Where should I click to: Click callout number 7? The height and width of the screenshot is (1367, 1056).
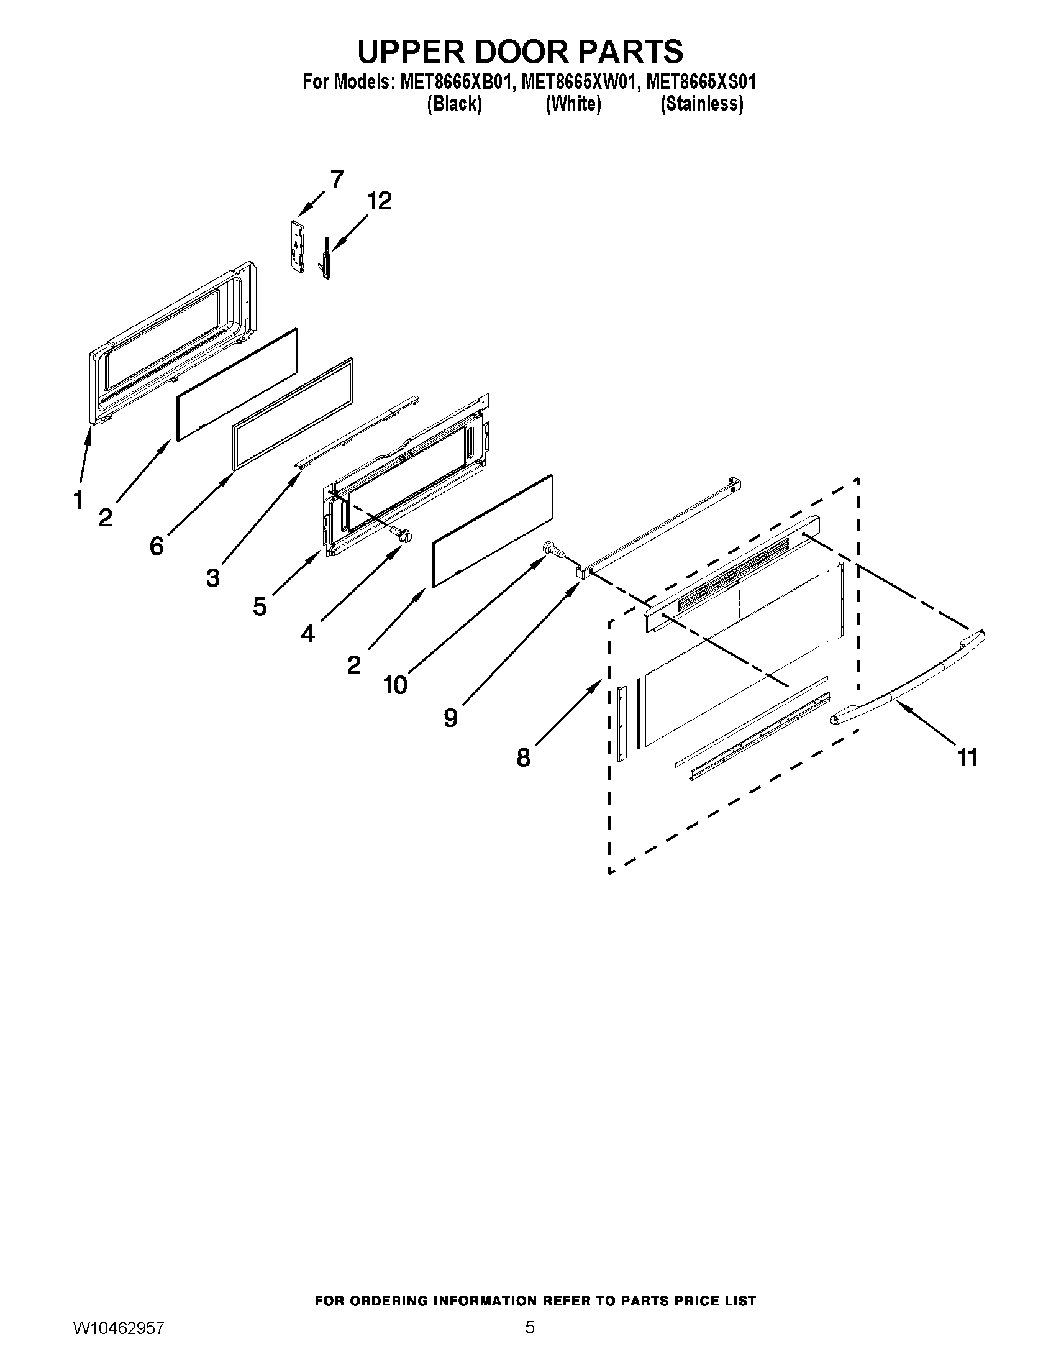[x=337, y=180]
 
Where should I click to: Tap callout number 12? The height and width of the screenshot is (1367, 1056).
[x=379, y=201]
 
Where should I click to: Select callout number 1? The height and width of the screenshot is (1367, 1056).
[x=78, y=500]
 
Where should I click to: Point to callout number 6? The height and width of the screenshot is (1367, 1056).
[x=157, y=546]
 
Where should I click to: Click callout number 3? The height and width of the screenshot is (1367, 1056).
[x=212, y=577]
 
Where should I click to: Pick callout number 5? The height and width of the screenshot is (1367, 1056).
[x=260, y=606]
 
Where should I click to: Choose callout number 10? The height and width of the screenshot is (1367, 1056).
[x=395, y=685]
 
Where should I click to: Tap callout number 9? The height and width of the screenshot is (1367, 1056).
[x=450, y=717]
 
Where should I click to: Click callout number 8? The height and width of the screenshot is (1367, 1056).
[x=523, y=758]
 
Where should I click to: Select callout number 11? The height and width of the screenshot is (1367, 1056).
[x=967, y=758]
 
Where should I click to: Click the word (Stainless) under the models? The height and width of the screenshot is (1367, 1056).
[x=702, y=104]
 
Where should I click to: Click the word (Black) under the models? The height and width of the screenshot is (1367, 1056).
[x=454, y=104]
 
